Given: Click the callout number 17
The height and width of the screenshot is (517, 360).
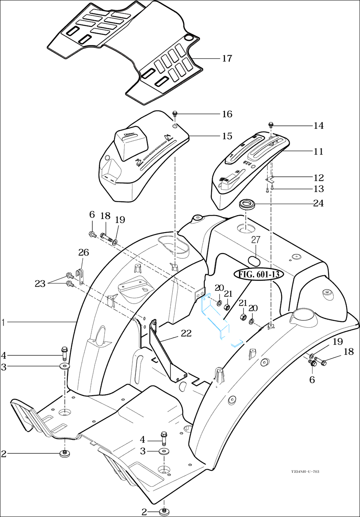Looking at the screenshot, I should point(227,59).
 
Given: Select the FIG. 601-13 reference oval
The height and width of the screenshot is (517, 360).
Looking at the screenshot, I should point(253,274).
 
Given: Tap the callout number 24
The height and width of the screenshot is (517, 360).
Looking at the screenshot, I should point(318,203).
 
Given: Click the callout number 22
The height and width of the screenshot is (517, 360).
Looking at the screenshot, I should point(186,334).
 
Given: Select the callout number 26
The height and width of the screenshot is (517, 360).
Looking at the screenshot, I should point(84,252).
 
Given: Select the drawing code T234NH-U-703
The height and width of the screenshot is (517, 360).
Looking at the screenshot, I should point(305,472).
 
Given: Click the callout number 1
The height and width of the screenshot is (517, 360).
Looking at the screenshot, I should point(3,322).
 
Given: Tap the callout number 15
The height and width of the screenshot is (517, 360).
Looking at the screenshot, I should point(227,136).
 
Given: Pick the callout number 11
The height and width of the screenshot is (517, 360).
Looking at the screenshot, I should point(318,152).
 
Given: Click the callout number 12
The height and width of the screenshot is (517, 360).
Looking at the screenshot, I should point(318,177).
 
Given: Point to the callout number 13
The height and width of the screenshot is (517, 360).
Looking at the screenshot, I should point(318,189).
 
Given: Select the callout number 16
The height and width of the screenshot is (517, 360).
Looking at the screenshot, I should point(227,114).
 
